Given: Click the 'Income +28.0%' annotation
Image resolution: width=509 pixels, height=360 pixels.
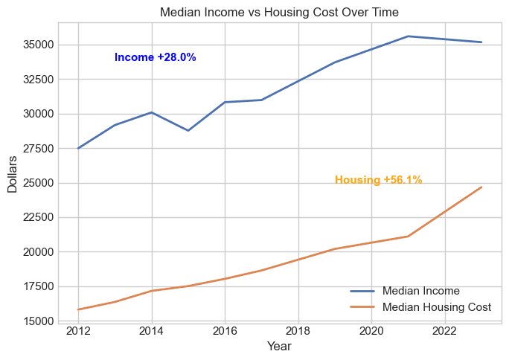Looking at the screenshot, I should coord(155,57).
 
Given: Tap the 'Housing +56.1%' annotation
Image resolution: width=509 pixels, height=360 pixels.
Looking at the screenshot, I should coord(378,180).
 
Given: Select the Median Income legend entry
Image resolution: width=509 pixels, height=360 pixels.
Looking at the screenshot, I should coord(420,291).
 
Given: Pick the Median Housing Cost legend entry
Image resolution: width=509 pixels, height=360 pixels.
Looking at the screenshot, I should coord(436,306).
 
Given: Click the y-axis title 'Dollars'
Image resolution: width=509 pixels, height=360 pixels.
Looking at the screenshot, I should coord(13,175).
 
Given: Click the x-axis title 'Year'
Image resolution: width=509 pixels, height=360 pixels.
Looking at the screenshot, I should coord(279,347).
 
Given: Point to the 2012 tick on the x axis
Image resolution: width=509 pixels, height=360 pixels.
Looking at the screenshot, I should coord(78,331).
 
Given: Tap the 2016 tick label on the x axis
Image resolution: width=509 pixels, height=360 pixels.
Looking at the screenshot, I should coord(225,331).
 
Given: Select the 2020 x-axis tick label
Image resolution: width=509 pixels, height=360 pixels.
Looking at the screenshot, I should coord(371,331).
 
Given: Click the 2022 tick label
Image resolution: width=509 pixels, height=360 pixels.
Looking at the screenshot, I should coord(445,331).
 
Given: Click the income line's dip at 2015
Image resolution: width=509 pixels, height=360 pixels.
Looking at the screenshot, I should coord(188,131).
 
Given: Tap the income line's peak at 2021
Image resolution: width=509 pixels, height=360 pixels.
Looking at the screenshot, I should coord(408,36).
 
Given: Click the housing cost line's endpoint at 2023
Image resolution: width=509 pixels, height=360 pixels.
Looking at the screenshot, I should coord(481,187).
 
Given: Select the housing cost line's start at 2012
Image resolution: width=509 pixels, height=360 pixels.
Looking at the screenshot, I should coord(78,309).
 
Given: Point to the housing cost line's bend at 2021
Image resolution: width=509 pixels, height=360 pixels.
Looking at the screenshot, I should coord(408,237).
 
